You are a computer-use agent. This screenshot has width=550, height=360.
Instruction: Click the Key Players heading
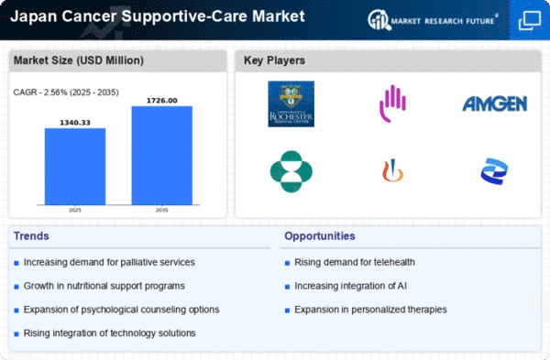pyautogui.click(x=275, y=61)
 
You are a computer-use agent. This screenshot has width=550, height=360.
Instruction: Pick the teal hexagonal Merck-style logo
pyautogui.click(x=291, y=170)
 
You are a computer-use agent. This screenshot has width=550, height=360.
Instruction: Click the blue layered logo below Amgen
pyautogui.click(x=495, y=170)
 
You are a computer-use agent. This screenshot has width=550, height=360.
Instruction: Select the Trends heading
pyautogui.click(x=32, y=236)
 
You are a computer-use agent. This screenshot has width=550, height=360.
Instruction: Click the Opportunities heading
pyautogui.click(x=321, y=236)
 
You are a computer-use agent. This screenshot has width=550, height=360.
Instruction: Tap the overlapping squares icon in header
pyautogui.click(x=529, y=19)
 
